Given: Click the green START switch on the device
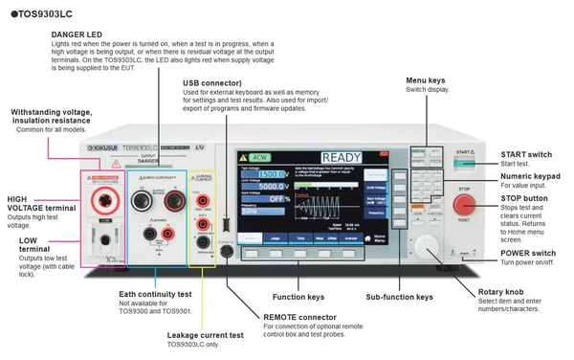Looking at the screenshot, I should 465,164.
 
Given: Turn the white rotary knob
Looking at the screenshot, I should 429,245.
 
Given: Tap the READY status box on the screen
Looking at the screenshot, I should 341,158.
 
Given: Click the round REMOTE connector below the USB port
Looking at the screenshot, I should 227,251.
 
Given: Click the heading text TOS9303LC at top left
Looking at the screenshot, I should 41,12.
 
